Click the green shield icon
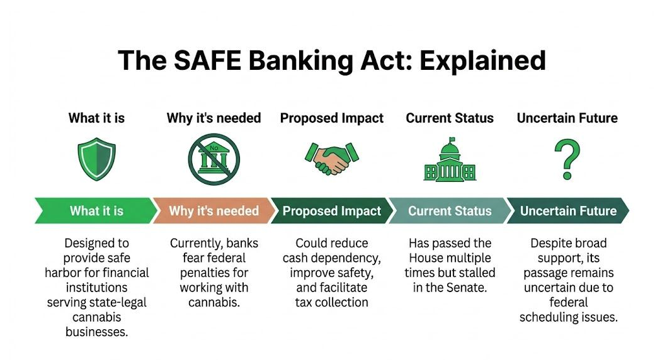pyautogui.click(x=96, y=159)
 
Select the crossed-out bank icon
pyautogui.click(x=214, y=159)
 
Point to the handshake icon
pyautogui.click(x=332, y=159)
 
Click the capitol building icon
pyautogui.click(x=450, y=160)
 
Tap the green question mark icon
pyautogui.click(x=567, y=159)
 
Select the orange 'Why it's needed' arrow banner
pyautogui.click(x=214, y=211)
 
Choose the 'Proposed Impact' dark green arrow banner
pyautogui.click(x=331, y=211)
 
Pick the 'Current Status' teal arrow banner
pyautogui.click(x=449, y=211)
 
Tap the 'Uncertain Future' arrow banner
pyautogui.click(x=567, y=211)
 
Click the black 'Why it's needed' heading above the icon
pyautogui.click(x=214, y=118)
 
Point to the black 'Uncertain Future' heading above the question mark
pyautogui.click(x=567, y=118)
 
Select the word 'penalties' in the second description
pyautogui.click(x=214, y=273)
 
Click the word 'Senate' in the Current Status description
pyautogui.click(x=467, y=288)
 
